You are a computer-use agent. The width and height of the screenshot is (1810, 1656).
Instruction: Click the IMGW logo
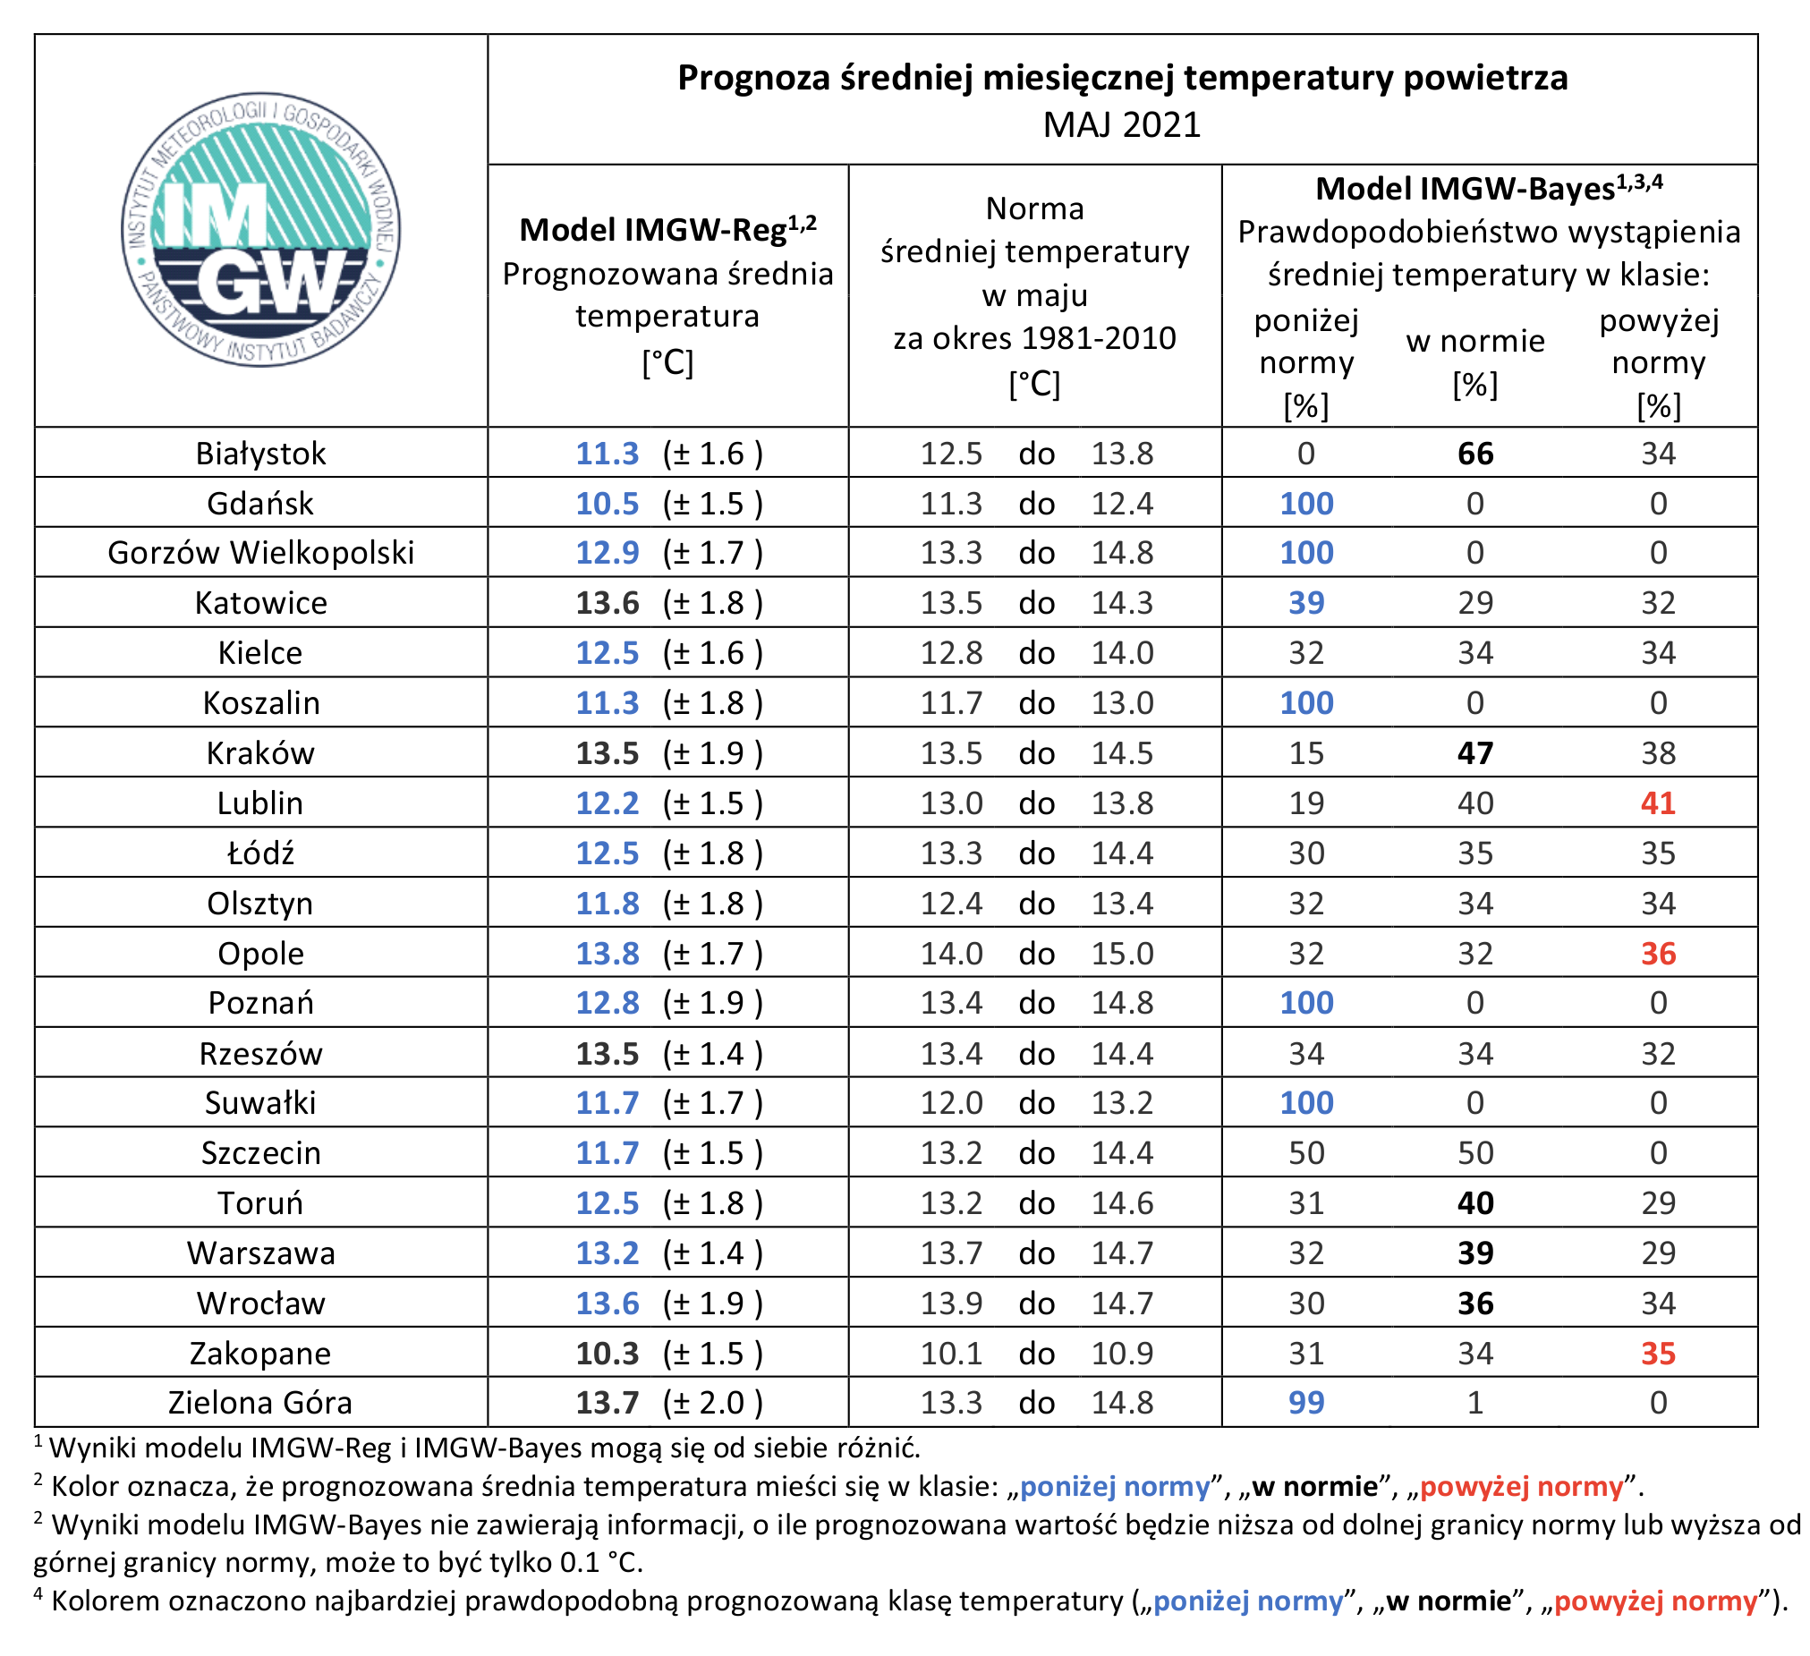pos(261,229)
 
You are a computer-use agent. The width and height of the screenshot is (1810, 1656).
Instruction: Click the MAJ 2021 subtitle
pos(1122,124)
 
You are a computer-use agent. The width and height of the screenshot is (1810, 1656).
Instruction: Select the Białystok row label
pos(261,454)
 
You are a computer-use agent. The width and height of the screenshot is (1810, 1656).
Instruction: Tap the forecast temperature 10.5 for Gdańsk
pos(608,504)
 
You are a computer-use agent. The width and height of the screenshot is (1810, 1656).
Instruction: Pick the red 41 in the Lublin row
pos(1658,803)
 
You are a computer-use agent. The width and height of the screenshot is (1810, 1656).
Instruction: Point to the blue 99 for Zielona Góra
pos(1306,1403)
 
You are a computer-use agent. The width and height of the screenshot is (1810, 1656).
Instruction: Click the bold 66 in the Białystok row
pos(1476,454)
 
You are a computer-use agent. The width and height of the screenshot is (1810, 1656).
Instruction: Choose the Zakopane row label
pos(260,1354)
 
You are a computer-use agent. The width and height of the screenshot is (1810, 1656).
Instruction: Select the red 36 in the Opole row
pos(1658,954)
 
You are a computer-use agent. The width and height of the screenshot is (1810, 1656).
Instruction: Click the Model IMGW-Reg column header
pos(668,230)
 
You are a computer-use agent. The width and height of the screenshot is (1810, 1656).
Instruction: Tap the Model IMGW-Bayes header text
pos(1490,188)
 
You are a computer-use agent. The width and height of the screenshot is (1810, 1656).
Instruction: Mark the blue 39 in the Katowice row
pos(1306,603)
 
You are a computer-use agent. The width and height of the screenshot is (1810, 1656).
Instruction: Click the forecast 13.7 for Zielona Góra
pos(608,1403)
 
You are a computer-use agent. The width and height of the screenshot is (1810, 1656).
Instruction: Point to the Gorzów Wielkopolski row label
pos(261,553)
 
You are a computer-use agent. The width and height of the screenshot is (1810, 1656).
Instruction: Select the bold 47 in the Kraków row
pos(1476,753)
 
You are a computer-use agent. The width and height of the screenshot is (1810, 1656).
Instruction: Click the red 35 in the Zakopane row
pos(1658,1354)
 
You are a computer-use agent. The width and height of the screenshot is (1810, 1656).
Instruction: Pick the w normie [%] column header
pos(1476,362)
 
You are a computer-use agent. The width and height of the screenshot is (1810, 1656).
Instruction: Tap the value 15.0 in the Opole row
pos(1122,954)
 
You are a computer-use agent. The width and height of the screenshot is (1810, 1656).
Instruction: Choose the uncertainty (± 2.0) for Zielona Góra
pos(713,1403)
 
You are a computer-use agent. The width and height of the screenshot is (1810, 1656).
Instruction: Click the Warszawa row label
pos(261,1253)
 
